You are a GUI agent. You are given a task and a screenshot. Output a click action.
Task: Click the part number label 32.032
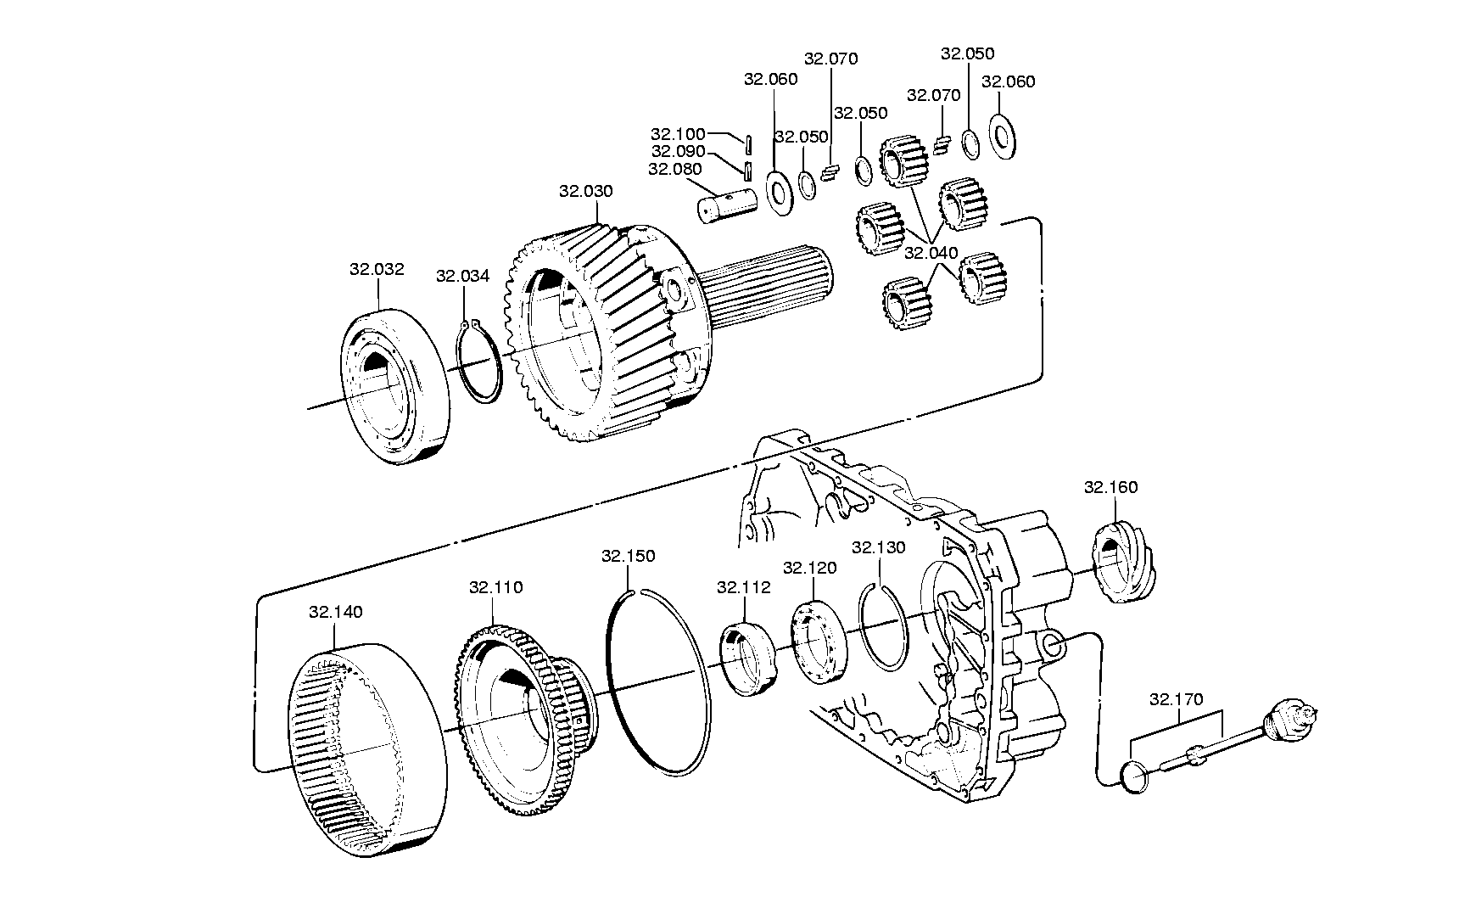pyautogui.click(x=377, y=269)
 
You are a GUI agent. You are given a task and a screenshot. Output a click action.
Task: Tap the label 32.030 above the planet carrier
pyautogui.click(x=585, y=191)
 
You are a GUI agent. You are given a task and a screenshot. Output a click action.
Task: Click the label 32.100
pyautogui.click(x=678, y=133)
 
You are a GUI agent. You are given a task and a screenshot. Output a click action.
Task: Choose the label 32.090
pyautogui.click(x=678, y=150)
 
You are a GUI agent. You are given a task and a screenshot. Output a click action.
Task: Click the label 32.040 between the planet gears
pyautogui.click(x=931, y=253)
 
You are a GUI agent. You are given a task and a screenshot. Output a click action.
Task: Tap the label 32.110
pyautogui.click(x=495, y=587)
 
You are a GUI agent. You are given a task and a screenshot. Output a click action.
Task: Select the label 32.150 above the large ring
pyautogui.click(x=628, y=556)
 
